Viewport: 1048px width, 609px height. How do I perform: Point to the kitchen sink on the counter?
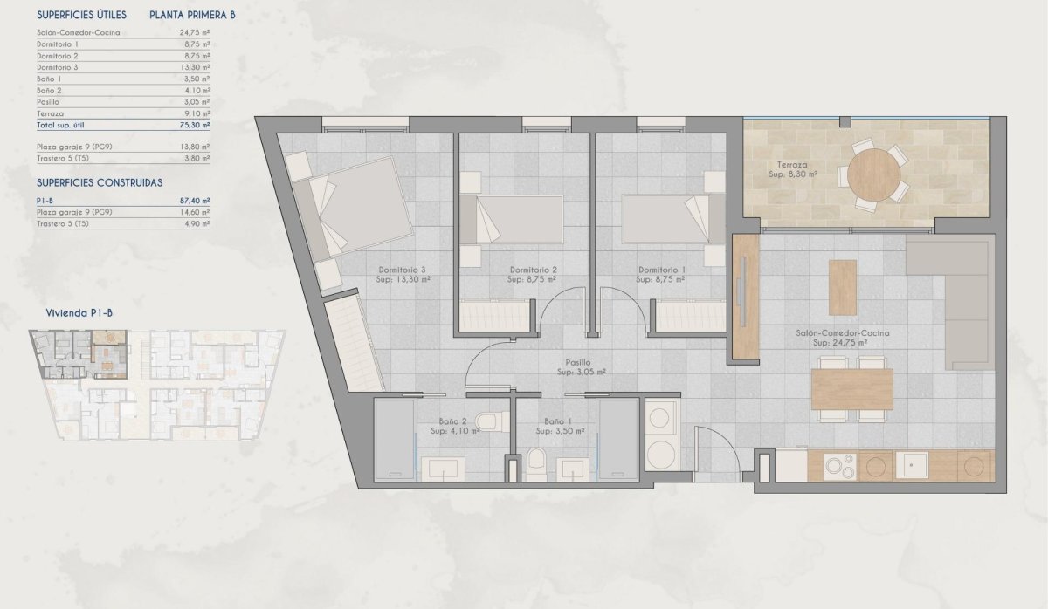(914, 466)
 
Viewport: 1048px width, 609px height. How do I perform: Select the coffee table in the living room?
(843, 288)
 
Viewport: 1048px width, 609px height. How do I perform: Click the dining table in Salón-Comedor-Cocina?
(851, 389)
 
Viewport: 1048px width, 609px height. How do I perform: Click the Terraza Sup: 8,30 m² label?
(792, 169)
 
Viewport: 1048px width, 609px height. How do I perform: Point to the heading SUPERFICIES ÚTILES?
(82, 15)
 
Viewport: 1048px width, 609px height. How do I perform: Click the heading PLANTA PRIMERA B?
(192, 15)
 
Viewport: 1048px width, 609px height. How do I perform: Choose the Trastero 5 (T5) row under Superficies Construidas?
(63, 223)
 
